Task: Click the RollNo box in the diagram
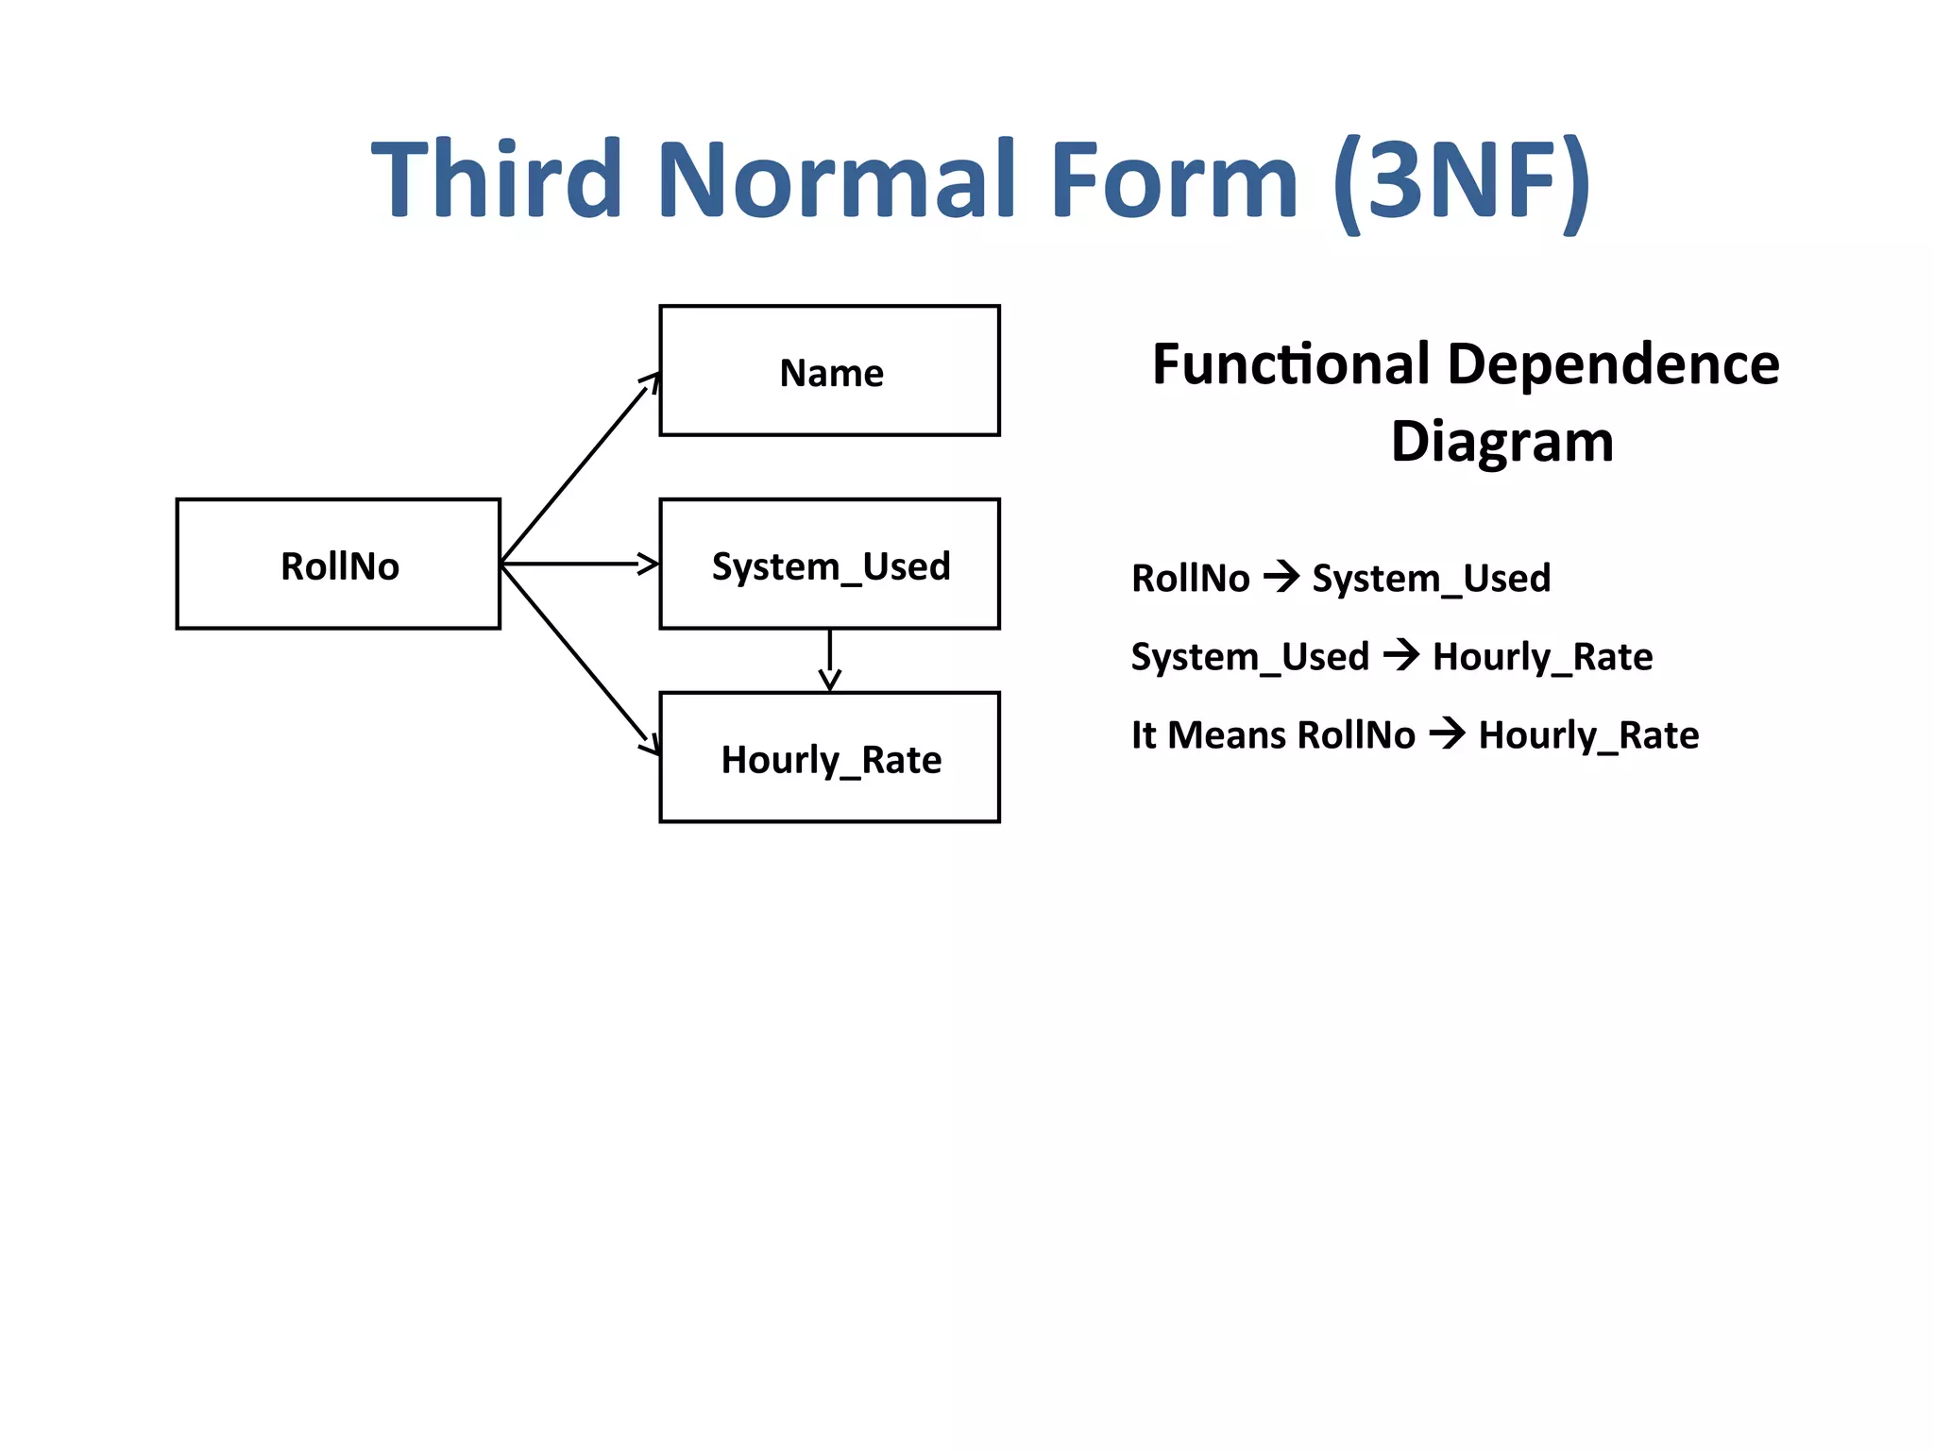[x=338, y=564]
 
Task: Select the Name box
[x=829, y=371]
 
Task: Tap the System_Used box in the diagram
[x=829, y=565]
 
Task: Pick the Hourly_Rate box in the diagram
[x=829, y=758]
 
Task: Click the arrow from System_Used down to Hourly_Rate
[x=829, y=660]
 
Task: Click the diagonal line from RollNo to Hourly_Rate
[x=576, y=653]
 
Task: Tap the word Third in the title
[x=497, y=179]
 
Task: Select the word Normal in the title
[x=835, y=179]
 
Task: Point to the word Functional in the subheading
[x=1291, y=364]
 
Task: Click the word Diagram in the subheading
[x=1501, y=442]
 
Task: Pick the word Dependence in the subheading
[x=1613, y=364]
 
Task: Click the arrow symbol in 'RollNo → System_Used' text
[x=1281, y=576]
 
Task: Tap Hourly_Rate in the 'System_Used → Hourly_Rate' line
[x=1542, y=656]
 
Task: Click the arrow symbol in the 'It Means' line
[x=1447, y=733]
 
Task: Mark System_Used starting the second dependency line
[x=1249, y=656]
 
